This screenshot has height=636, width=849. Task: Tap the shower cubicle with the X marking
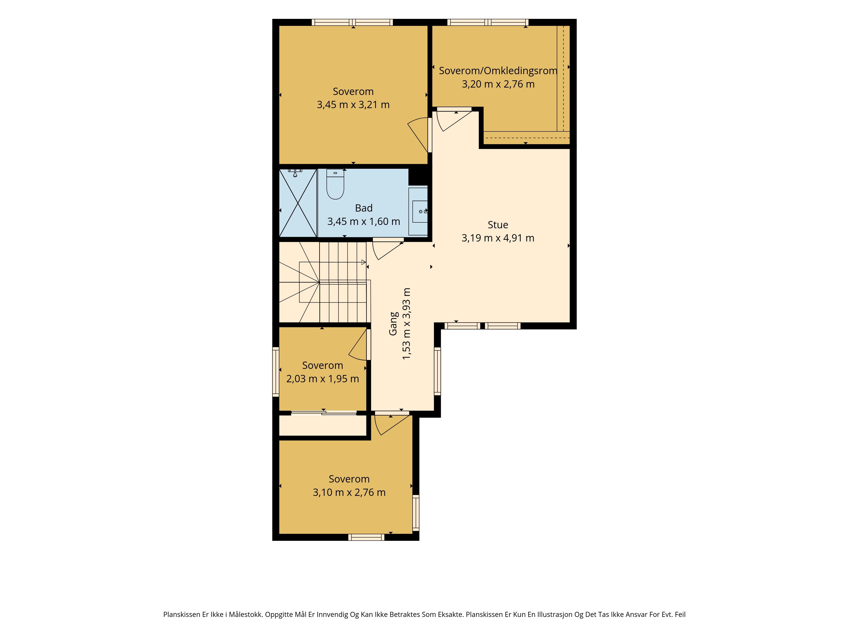click(x=298, y=203)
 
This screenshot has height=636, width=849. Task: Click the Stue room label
click(x=498, y=225)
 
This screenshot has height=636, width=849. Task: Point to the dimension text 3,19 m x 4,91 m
click(x=498, y=238)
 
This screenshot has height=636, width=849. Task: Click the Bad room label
click(x=363, y=208)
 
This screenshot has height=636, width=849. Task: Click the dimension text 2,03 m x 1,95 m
click(x=322, y=379)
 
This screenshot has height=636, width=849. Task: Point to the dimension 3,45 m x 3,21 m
click(x=353, y=105)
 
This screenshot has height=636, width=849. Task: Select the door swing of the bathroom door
click(x=388, y=249)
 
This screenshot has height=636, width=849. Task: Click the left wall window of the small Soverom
click(x=276, y=371)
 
